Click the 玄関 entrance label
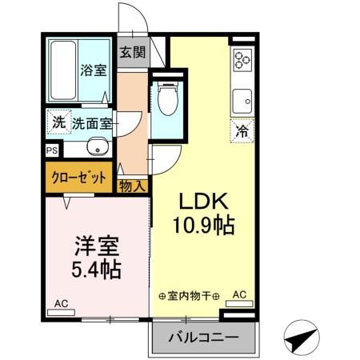[133, 54]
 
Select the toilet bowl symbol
[166, 102]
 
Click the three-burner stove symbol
[242, 59]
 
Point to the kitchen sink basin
[242, 102]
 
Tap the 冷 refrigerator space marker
[240, 130]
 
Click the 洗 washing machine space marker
[58, 123]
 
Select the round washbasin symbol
[98, 147]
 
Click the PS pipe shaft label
[52, 150]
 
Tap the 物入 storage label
[133, 186]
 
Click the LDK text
[203, 201]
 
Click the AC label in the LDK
[238, 294]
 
